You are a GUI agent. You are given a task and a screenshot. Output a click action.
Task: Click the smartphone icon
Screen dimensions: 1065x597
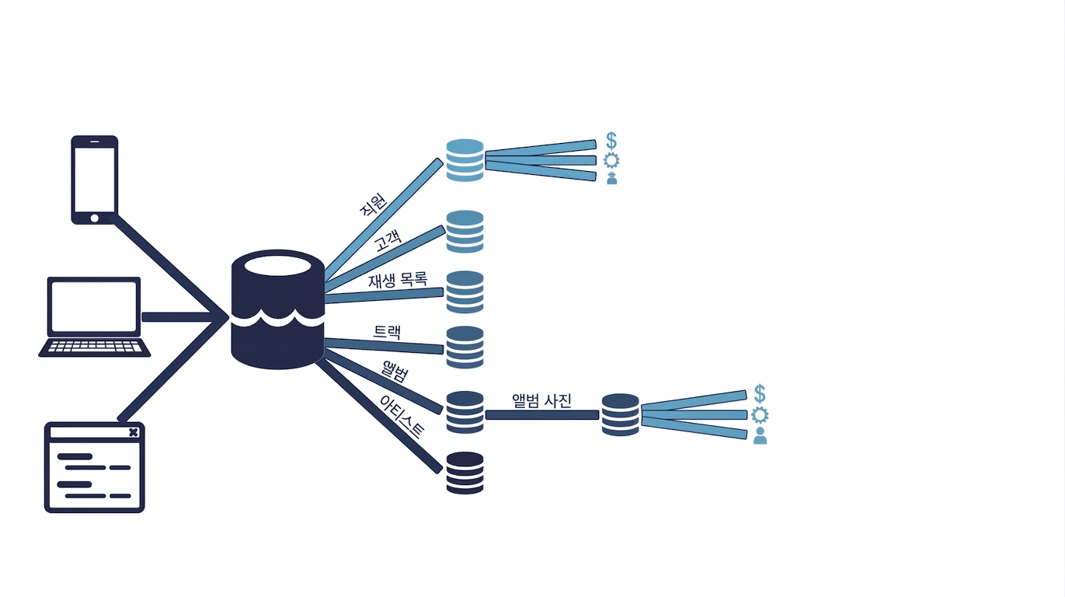(x=95, y=180)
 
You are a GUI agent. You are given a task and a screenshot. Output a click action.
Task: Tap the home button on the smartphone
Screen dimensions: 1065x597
(x=95, y=218)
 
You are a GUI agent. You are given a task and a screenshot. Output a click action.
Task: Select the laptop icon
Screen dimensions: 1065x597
(x=94, y=317)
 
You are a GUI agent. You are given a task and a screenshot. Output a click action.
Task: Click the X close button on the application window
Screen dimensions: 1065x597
(x=134, y=432)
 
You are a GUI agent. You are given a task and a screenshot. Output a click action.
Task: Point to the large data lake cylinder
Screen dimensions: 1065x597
(x=277, y=309)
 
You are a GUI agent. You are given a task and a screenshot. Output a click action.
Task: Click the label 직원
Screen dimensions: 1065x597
(x=373, y=204)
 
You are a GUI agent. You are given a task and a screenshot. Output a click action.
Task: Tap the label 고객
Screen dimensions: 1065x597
(x=388, y=240)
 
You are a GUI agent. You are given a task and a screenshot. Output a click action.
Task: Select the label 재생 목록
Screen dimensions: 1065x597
(x=398, y=280)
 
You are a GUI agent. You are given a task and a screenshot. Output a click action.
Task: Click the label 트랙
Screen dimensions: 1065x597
(x=387, y=332)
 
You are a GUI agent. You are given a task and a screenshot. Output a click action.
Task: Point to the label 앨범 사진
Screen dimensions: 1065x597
(x=541, y=400)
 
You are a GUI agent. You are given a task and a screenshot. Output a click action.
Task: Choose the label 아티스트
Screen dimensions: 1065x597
(x=402, y=417)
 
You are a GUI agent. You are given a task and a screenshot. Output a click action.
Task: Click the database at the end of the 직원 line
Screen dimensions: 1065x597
(x=465, y=160)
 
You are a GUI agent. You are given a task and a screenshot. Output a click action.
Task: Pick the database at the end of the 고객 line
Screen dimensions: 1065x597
(x=465, y=232)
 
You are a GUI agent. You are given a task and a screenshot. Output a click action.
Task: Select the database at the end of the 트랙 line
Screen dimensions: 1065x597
(x=465, y=347)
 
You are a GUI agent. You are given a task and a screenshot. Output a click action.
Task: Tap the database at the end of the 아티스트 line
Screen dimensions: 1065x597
(x=465, y=473)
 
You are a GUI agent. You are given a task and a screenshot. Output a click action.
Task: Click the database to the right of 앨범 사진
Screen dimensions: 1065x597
(x=621, y=415)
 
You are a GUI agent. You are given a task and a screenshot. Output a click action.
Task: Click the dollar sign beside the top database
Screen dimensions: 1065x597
(x=611, y=141)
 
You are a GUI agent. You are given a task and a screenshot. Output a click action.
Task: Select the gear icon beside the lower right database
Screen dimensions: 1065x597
(x=760, y=415)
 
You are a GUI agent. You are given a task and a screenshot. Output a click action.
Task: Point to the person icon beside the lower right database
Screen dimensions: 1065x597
(x=760, y=436)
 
